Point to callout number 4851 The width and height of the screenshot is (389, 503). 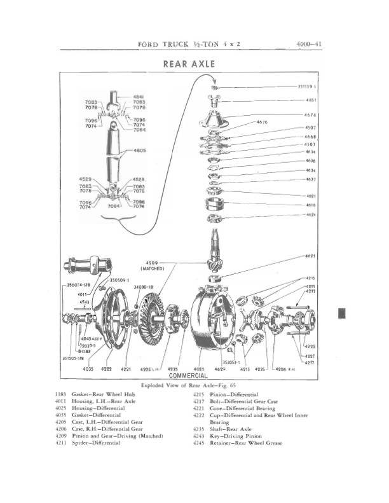point(311,100)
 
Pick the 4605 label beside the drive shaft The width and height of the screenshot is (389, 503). point(140,151)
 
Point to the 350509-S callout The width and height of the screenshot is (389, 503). point(119,280)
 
